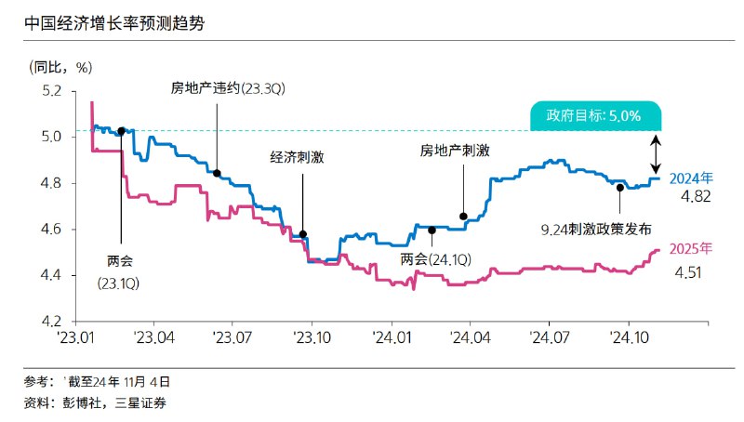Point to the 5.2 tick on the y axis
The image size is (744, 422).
pos(50,92)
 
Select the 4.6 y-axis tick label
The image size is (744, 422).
pos(50,230)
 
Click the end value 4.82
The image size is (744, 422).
pos(697,197)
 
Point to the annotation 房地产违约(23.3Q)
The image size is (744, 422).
pos(215,88)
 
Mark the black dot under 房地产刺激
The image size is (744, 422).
pos(463,217)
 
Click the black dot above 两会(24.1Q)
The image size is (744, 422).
pos(432,230)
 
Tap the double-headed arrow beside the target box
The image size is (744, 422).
pos(655,152)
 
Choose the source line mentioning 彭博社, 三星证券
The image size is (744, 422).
pos(97,402)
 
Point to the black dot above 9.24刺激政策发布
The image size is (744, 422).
pos(619,188)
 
